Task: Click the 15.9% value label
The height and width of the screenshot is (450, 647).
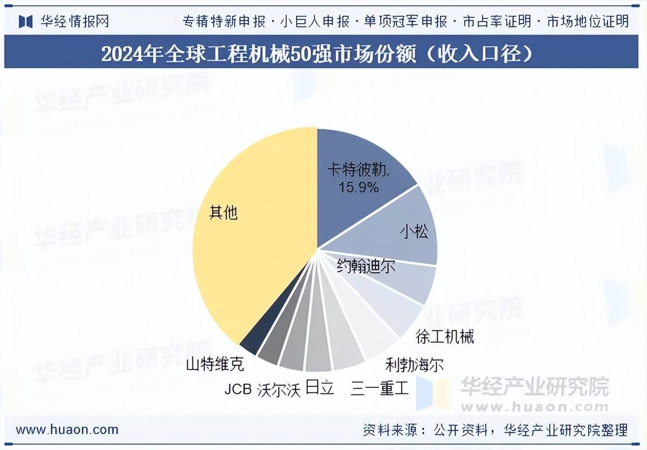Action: [x=359, y=187]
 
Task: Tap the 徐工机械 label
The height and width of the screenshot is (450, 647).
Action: [x=445, y=337]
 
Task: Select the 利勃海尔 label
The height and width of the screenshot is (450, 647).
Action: [x=415, y=365]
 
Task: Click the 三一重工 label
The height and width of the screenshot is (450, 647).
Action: [x=380, y=388]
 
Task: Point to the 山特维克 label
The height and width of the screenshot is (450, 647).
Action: [x=215, y=364]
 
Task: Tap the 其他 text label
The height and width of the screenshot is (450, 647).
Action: [x=223, y=213]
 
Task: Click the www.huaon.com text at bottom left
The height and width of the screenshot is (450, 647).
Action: [x=67, y=429]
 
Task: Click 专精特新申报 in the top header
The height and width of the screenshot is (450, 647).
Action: [x=224, y=22]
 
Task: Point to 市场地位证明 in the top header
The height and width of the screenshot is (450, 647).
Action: [x=587, y=22]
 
